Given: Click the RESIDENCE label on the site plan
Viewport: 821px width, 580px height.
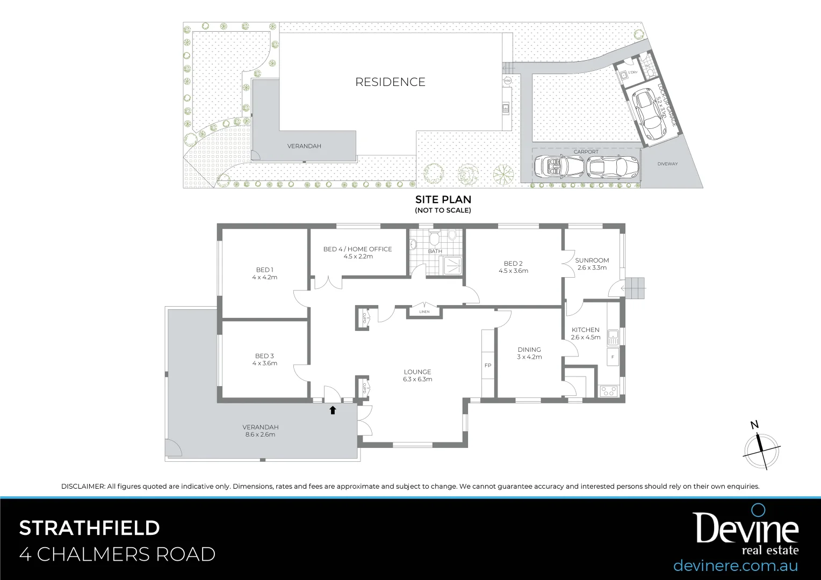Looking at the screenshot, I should coord(390,82).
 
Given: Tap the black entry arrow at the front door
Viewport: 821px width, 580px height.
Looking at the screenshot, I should coord(333,410).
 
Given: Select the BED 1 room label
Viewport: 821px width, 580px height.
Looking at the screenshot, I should coord(264,270).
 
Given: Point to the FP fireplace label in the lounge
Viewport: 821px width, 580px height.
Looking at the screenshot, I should coord(488,366).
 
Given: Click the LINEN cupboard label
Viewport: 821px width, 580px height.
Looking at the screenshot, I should coord(424,311).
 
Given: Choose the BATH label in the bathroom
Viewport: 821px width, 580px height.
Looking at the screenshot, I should coord(435,251).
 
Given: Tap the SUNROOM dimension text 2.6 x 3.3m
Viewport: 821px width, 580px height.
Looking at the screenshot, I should coord(592,268).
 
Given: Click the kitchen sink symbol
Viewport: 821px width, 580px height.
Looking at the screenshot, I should coord(613,337).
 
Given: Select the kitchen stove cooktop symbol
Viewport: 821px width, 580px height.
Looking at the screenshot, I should coord(608,391).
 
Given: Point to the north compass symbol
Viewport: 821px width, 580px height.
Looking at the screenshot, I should coord(761,448).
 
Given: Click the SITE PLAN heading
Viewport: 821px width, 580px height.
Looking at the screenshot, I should coord(443,199).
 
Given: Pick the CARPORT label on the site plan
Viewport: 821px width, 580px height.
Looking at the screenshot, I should coord(586,152).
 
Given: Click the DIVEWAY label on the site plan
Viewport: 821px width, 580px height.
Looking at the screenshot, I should coord(667,164).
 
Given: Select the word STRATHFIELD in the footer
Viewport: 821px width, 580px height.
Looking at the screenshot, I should coord(90,528).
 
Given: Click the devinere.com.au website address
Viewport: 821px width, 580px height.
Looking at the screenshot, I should coord(735,565).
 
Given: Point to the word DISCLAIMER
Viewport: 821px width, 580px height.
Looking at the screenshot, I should coord(83,487).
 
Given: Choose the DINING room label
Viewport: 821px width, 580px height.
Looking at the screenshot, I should coord(529,350).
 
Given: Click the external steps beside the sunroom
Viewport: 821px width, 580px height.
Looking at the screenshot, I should coord(636,289).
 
